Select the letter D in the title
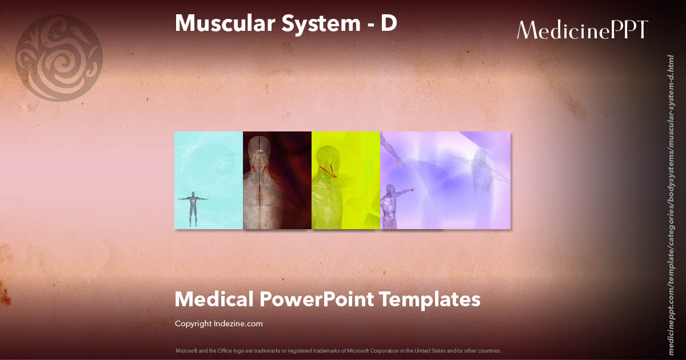click(x=389, y=23)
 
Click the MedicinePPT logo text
click(x=582, y=30)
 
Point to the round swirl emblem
click(x=58, y=58)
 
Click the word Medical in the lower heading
click(x=213, y=299)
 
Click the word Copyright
click(x=193, y=323)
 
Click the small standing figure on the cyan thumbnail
click(x=193, y=209)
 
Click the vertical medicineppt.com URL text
click(x=671, y=197)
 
